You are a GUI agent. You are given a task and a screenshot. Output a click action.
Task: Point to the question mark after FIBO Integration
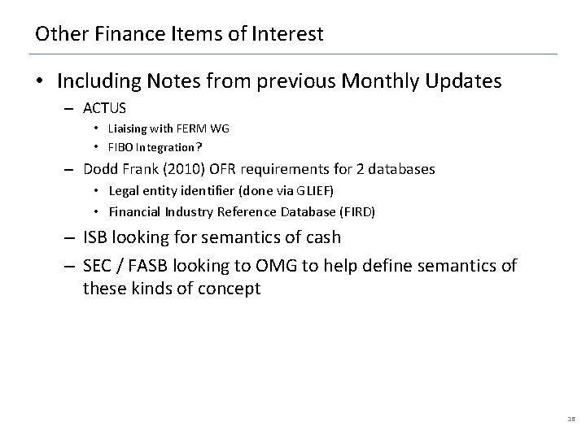(199, 148)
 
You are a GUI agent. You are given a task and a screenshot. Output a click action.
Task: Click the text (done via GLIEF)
(291, 190)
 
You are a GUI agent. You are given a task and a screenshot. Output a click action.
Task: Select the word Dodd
(102, 170)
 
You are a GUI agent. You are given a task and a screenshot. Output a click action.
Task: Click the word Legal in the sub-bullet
(131, 190)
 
